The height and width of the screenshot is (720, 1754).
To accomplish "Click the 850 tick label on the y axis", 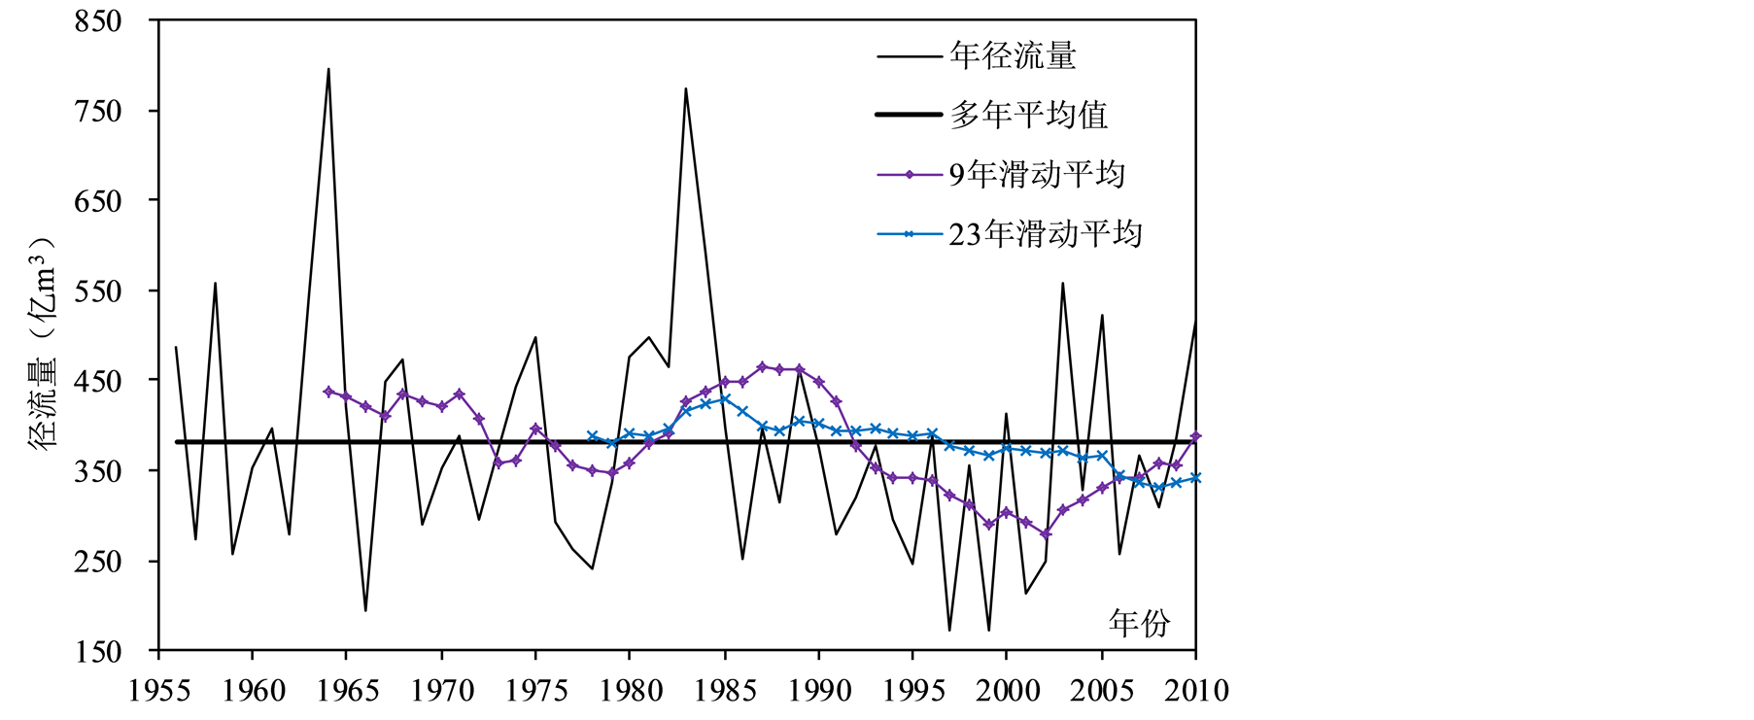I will (x=98, y=20).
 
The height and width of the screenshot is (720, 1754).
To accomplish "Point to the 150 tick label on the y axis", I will (x=98, y=651).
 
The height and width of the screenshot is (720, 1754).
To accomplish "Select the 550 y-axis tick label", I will (x=98, y=291).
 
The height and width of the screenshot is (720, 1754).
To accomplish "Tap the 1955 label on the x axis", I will (x=158, y=690).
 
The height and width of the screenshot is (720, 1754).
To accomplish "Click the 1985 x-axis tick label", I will (x=725, y=690).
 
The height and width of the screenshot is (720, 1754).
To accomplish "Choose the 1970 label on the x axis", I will (x=442, y=690).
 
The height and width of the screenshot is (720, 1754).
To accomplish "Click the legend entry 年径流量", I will (x=1013, y=55).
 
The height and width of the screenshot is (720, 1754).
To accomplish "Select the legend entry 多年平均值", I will (x=1028, y=115).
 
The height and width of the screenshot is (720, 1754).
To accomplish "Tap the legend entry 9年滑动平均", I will (x=1036, y=175).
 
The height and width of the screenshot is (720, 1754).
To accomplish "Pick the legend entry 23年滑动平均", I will (x=1045, y=234).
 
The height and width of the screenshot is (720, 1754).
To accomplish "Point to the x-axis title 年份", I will (x=1139, y=623).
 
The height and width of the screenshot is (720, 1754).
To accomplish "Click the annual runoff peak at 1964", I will (x=328, y=69).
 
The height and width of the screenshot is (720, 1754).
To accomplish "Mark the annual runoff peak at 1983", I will (x=686, y=88).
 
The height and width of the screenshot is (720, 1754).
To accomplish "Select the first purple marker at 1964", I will (x=328, y=392).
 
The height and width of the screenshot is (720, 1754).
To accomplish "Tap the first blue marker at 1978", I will (x=592, y=436).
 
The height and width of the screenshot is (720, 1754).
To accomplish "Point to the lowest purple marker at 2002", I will (x=1046, y=533).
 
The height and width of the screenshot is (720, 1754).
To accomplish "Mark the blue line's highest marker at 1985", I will (x=725, y=399).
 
